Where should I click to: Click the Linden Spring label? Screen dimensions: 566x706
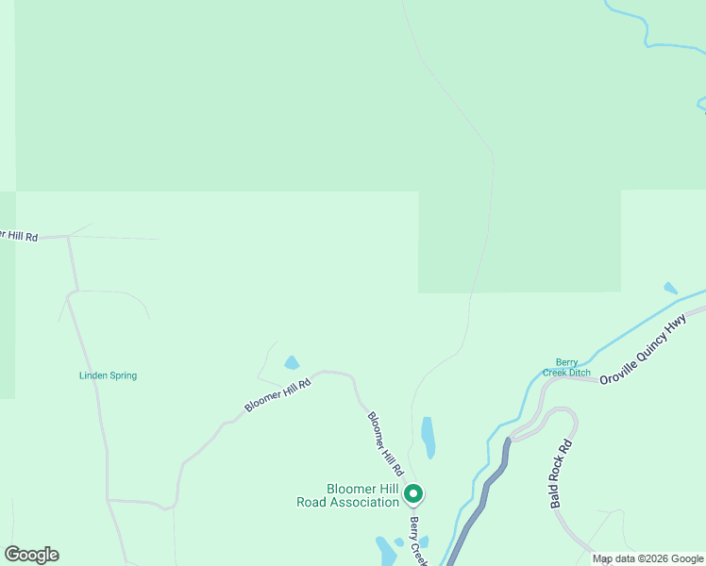[108, 375]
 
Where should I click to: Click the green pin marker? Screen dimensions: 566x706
[412, 493]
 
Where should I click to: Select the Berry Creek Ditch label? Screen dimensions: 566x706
[566, 367]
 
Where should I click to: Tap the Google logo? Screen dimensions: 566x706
[31, 555]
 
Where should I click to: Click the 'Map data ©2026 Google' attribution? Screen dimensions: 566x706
[648, 558]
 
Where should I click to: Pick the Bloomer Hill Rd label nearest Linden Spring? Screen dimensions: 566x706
[277, 394]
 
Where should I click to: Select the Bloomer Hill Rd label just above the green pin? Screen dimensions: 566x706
[385, 442]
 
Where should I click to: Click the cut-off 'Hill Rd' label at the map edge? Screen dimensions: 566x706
[18, 235]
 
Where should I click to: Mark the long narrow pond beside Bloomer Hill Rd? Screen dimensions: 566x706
[429, 437]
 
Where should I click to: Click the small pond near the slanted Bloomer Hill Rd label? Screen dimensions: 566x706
[292, 362]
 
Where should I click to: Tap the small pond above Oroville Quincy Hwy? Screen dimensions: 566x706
[670, 288]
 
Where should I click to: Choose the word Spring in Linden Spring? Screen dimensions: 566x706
[123, 375]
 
